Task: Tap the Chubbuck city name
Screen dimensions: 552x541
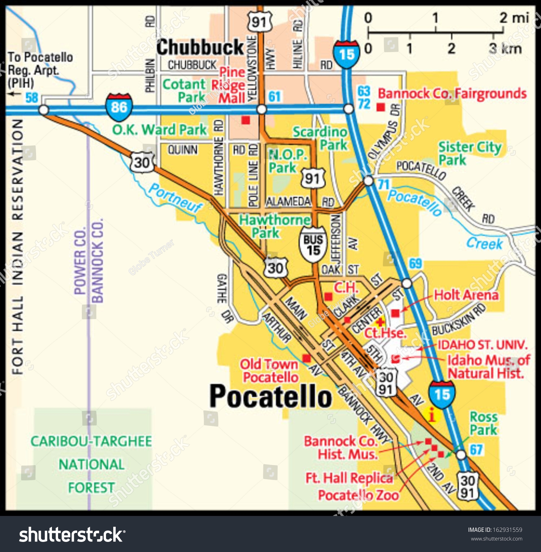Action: tap(200, 47)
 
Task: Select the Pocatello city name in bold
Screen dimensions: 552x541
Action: tap(270, 396)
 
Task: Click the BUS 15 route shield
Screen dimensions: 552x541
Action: tap(313, 245)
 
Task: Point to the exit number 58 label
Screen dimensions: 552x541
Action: tap(32, 98)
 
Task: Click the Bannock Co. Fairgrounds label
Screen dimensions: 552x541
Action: tap(452, 94)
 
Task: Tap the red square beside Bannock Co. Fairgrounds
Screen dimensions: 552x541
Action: tap(381, 107)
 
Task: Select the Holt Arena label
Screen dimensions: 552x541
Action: tap(466, 295)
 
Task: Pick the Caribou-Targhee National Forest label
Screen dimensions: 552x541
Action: tap(91, 464)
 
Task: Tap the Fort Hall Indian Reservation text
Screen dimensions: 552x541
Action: tap(17, 247)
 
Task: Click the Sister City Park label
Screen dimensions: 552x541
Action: tap(470, 153)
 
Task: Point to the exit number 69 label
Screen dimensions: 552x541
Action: tap(415, 264)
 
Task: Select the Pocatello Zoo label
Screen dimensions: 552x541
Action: tap(358, 495)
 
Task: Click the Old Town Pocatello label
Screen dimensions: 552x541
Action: tap(270, 371)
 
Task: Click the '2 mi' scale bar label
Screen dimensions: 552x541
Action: tap(514, 17)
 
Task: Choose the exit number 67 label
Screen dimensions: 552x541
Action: tap(476, 450)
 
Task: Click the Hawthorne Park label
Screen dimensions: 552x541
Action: tap(274, 226)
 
